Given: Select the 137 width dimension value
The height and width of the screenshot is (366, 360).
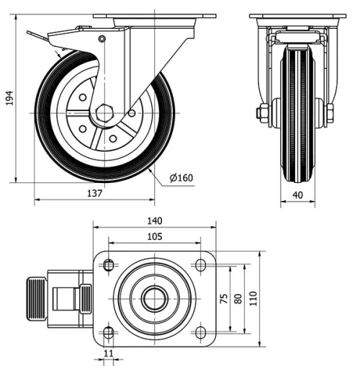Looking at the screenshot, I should pos(95,193).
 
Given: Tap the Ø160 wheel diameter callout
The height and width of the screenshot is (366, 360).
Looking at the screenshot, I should pos(181,177).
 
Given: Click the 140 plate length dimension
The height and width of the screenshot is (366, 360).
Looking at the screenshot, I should pos(155,220).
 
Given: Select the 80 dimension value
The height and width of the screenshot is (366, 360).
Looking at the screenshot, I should pos(238,299).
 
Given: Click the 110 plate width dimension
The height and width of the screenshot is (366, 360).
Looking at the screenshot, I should pos(253,299).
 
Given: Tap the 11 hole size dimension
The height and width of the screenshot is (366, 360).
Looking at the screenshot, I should pos(109,353).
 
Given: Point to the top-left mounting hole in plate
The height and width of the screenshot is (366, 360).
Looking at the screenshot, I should pos(109,264).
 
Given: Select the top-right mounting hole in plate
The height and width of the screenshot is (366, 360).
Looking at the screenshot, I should pos(199,265).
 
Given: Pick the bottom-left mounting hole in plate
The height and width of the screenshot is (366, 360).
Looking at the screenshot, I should pos(109,332).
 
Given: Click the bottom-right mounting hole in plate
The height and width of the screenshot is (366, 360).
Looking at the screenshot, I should pos(199,332).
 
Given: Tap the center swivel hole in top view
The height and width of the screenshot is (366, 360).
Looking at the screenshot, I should pos(153,298).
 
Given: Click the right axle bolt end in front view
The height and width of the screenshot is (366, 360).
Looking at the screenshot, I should pos(330,113).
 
